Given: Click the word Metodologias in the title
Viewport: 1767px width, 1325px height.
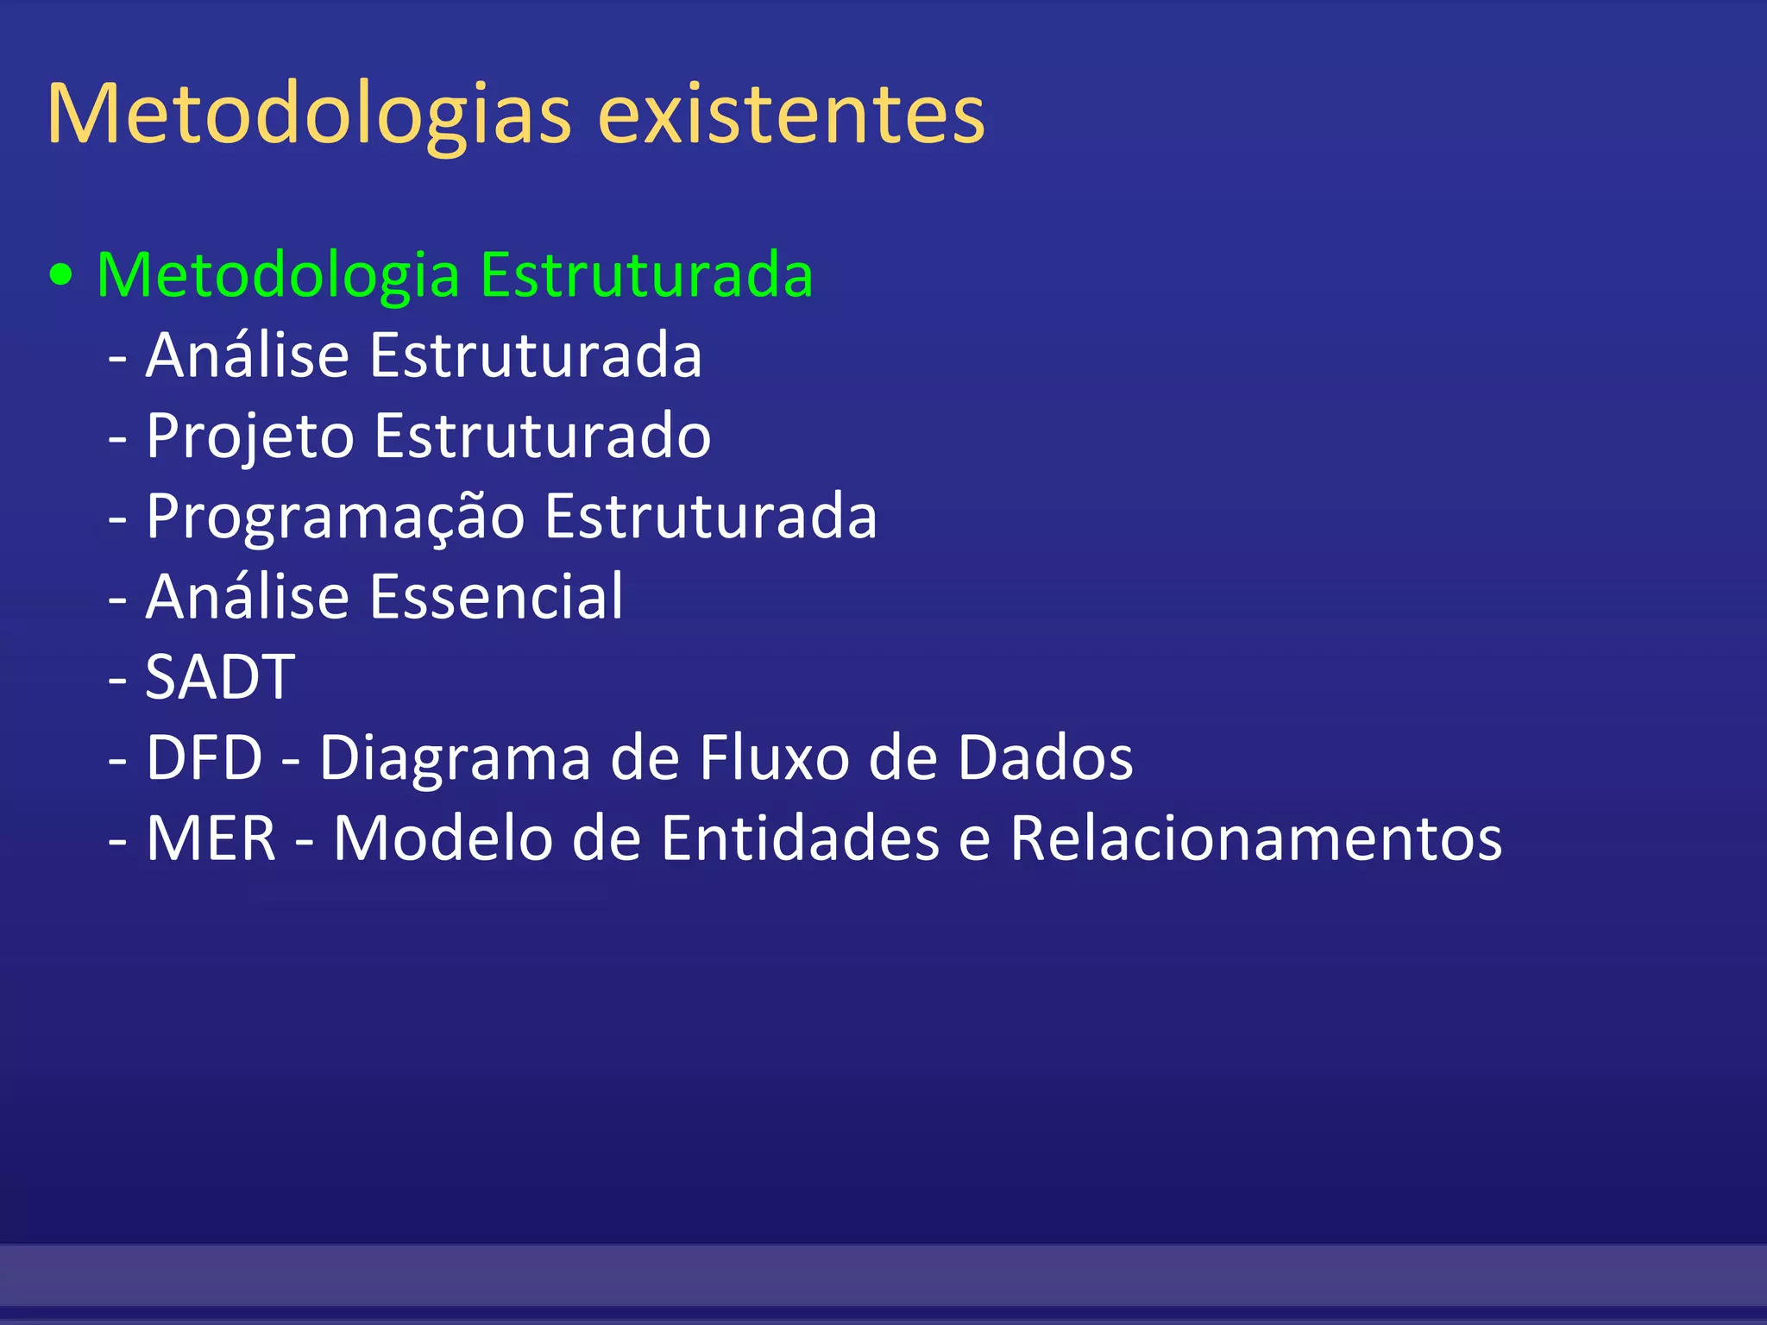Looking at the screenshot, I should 309,115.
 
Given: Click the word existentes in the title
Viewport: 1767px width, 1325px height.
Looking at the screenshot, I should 790,115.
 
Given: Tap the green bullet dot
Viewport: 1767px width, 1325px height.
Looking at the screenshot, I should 60,276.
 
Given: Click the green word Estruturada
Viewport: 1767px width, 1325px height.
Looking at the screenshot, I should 646,274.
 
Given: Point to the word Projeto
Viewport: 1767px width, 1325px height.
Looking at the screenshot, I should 249,436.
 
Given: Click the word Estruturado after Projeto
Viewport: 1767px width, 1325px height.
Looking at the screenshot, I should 543,435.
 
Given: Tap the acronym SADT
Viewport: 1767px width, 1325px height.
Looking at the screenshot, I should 220,677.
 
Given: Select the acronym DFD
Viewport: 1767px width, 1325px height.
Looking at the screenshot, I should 204,757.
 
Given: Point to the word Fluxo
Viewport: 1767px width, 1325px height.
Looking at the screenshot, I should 774,757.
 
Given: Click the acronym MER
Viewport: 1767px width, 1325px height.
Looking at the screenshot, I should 211,838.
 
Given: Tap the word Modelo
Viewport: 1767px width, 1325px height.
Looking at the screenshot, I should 443,838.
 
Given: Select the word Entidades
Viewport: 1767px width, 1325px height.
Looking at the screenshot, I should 800,838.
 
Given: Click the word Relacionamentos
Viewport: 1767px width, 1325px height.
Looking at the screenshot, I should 1255,838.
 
